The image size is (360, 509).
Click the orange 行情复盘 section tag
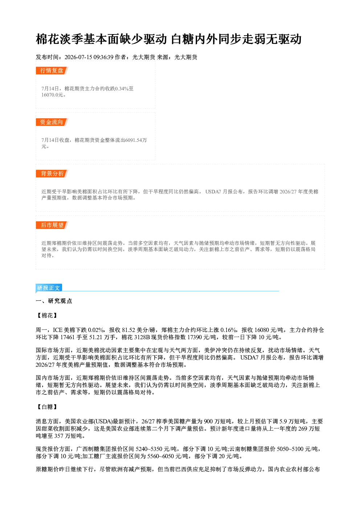52,70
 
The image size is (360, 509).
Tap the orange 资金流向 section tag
52,122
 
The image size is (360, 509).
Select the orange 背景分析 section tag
52,174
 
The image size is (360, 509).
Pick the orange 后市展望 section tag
52,225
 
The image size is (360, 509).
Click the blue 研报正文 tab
49,288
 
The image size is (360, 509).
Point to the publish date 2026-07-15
78,57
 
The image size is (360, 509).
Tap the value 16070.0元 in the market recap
52,95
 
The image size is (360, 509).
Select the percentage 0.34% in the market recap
122,89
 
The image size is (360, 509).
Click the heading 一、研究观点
54,301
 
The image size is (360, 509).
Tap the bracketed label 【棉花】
47,315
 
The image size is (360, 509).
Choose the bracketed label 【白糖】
47,407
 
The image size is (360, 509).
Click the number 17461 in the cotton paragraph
67,337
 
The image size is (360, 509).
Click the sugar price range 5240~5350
149,449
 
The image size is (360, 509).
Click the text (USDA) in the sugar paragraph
103,422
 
